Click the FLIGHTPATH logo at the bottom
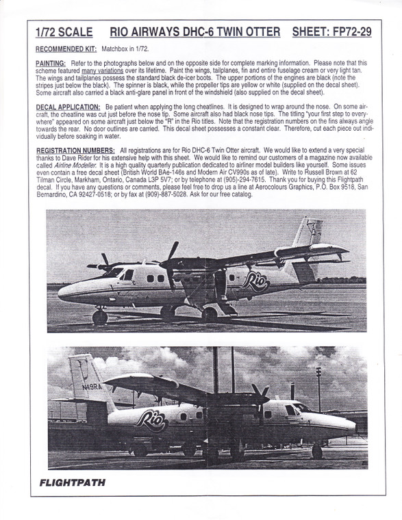point(71,481)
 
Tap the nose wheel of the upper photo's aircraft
point(101,317)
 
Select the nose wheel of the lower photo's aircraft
point(316,452)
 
